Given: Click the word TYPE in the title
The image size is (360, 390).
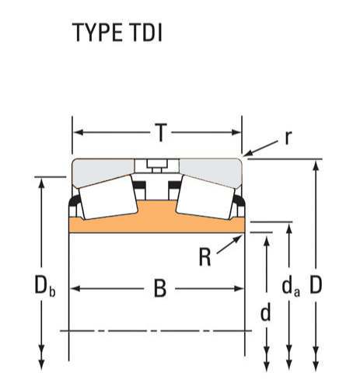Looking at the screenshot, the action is pyautogui.click(x=97, y=33).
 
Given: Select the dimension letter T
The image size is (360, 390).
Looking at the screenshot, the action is pyautogui.click(x=161, y=133).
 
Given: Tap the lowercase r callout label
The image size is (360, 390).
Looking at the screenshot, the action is pyautogui.click(x=288, y=138).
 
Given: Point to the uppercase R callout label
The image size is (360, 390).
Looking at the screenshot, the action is pyautogui.click(x=204, y=257).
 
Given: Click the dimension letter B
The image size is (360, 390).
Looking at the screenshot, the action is pyautogui.click(x=160, y=288).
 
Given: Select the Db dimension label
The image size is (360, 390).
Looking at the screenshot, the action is pyautogui.click(x=45, y=286).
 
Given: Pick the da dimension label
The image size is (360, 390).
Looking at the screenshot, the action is pyautogui.click(x=291, y=287).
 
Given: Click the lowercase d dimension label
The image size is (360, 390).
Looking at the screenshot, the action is pyautogui.click(x=266, y=312).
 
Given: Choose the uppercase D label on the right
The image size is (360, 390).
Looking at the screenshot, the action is pyautogui.click(x=316, y=285).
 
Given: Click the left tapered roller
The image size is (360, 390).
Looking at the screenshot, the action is pyautogui.click(x=108, y=197).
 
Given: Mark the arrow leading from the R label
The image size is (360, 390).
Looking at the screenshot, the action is pyautogui.click(x=229, y=244).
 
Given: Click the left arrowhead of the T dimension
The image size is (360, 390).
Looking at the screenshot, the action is pyautogui.click(x=79, y=133).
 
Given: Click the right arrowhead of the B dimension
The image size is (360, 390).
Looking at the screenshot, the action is pyautogui.click(x=239, y=288).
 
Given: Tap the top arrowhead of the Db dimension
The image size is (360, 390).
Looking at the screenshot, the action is pyautogui.click(x=41, y=183).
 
